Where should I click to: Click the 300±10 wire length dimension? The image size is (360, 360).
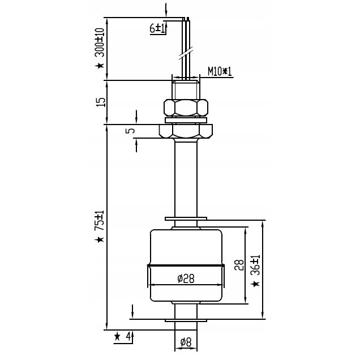[100, 42]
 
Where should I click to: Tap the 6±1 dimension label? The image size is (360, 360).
[157, 28]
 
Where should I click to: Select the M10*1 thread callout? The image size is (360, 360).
[220, 71]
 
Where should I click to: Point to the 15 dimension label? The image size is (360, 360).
[101, 102]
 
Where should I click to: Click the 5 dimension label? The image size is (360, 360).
[131, 131]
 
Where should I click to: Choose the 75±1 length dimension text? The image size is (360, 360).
[100, 220]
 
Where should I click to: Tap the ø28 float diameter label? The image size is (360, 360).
[186, 278]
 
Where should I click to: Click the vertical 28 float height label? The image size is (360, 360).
[239, 265]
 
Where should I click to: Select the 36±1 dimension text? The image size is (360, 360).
[255, 265]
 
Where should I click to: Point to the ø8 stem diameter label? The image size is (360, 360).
[186, 342]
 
